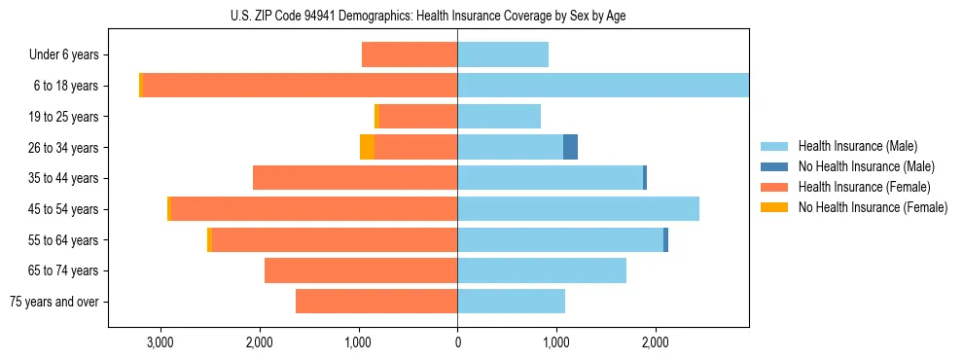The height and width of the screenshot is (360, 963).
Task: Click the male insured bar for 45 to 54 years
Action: (578, 208)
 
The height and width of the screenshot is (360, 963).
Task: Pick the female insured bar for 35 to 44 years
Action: (355, 178)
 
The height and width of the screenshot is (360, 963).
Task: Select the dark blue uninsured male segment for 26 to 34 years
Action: (570, 147)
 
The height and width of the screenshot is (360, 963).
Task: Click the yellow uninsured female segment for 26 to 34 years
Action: (367, 147)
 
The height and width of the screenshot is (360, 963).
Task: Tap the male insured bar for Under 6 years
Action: (503, 54)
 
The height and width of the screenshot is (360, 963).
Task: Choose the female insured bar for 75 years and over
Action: (376, 302)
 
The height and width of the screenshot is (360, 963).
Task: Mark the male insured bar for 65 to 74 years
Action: (542, 270)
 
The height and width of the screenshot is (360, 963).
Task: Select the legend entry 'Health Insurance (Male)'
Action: (857, 146)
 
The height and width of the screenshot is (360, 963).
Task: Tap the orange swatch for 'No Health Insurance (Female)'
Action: (774, 207)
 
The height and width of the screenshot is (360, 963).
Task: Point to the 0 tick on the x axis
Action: (457, 343)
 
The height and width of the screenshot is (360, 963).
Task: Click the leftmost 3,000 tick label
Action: (159, 343)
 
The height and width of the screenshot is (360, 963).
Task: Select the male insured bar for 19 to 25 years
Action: (499, 117)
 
